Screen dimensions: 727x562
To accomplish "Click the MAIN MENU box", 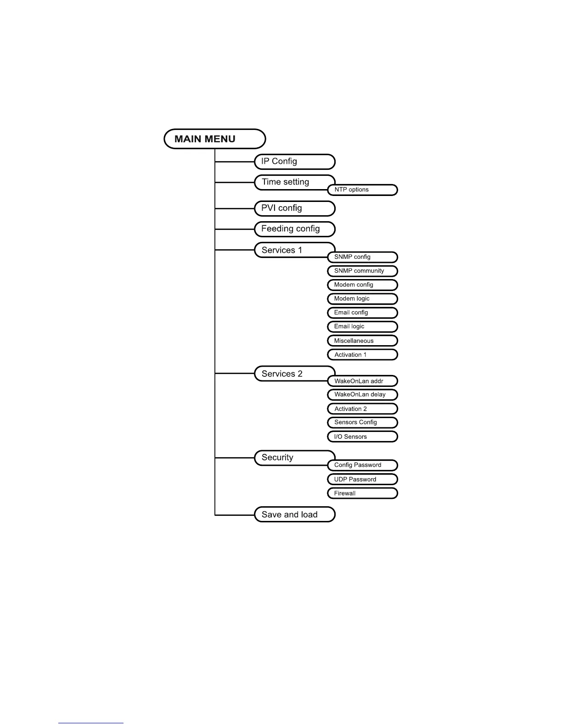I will coord(215,139).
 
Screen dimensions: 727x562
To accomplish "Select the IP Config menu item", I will coord(295,162).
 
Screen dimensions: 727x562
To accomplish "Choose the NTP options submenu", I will coord(362,190).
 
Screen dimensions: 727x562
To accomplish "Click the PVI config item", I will coord(295,208).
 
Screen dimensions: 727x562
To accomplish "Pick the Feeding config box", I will coord(295,229).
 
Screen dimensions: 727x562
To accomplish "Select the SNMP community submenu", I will coord(362,271).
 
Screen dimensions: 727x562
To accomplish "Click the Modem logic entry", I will coord(362,299).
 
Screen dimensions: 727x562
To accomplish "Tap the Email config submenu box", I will coord(362,313).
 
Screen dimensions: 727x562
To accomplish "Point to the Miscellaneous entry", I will coord(362,341).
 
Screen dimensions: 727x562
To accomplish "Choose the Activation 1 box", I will coord(362,355).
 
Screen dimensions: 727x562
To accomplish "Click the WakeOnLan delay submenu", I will coord(362,395).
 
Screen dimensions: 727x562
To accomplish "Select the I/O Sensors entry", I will coord(362,436).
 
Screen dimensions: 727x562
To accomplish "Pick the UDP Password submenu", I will coord(362,479).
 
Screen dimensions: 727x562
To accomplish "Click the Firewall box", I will coord(362,493).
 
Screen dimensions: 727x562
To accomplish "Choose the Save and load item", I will coord(295,514).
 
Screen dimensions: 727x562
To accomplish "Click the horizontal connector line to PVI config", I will coord(235,208).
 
